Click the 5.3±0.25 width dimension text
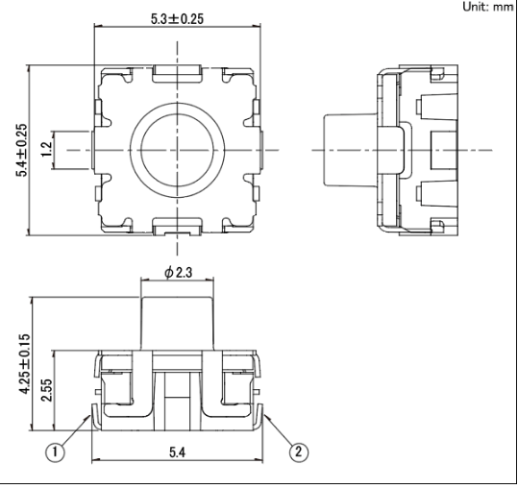pos(177,19)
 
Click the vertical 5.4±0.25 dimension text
pos(22,150)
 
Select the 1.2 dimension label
pos(46,149)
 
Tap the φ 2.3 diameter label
pos(178,273)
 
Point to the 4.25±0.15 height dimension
pos(25,364)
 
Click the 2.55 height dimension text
pos(46,390)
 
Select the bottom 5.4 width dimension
pos(178,452)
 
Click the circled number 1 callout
pos(55,452)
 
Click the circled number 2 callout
pos(299,452)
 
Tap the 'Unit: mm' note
pos(488,7)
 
